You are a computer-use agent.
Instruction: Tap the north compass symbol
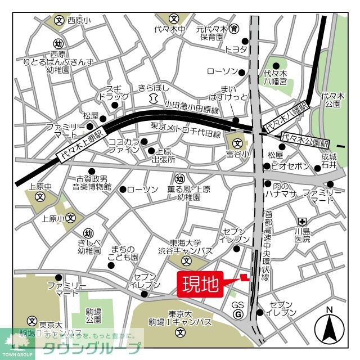point(330,327)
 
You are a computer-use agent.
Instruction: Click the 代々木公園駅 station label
point(306,136)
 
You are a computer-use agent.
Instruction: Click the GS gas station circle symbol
point(238,314)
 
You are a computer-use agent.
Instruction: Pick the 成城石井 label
point(328,161)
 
